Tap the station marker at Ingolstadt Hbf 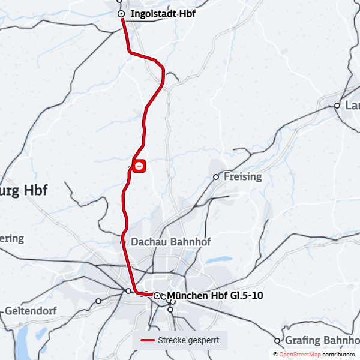[121, 13]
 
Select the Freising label [242, 177]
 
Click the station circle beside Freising [216, 177]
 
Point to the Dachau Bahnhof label [170, 242]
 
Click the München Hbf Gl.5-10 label [215, 296]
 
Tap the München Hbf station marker [157, 296]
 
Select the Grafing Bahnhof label [322, 341]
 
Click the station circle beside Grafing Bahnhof [277, 340]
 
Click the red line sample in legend [148, 341]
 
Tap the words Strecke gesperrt [188, 341]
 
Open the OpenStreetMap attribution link [299, 355]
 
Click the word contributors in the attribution [339, 355]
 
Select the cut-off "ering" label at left [11, 238]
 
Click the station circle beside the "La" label [337, 106]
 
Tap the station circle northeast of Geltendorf [98, 301]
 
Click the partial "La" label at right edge [352, 106]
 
